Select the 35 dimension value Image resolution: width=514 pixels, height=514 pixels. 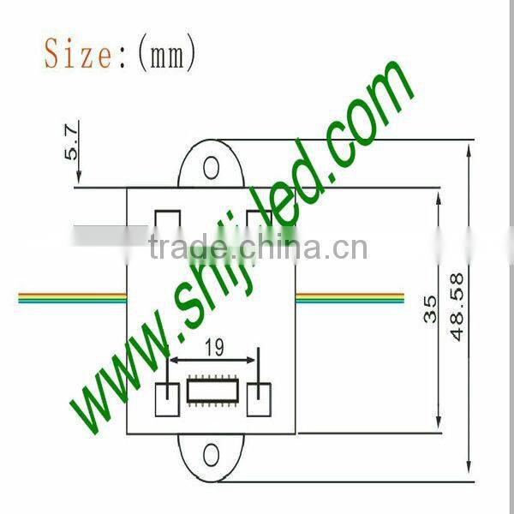(431, 308)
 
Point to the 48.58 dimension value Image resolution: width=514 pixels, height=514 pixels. (457, 306)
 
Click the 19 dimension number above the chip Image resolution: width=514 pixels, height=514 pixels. (214, 347)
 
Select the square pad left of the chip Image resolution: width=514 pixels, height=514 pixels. (168, 397)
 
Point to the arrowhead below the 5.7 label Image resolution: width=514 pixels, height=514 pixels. (78, 180)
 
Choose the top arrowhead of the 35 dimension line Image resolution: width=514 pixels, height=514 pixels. (439, 198)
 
